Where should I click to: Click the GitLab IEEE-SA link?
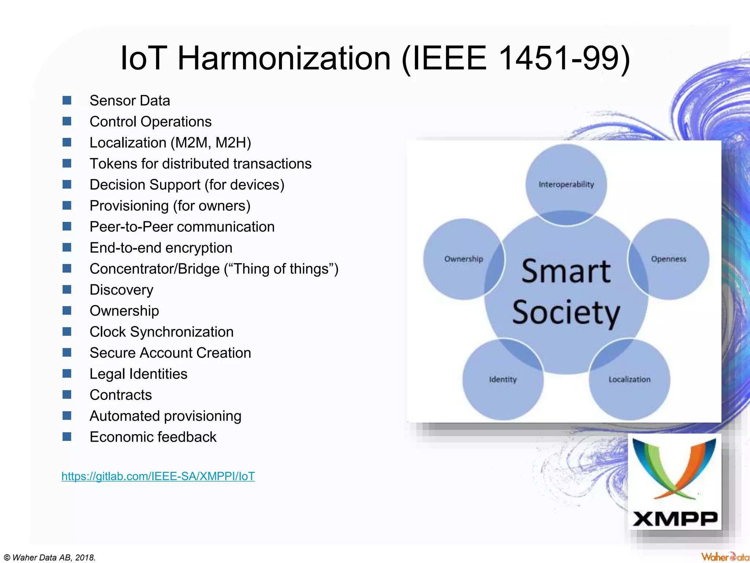click(x=158, y=476)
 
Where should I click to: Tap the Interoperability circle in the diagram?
click(x=566, y=184)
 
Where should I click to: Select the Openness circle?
click(x=669, y=259)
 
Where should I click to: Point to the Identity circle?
click(x=503, y=379)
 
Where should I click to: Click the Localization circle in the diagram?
click(x=630, y=379)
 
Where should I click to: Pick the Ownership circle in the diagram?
click(x=464, y=259)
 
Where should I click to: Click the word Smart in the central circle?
click(x=566, y=272)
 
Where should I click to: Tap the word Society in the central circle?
click(x=566, y=313)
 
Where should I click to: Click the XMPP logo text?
click(x=675, y=519)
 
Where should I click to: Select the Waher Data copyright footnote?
click(x=50, y=558)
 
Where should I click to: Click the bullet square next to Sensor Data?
click(x=67, y=100)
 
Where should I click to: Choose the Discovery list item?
click(x=121, y=290)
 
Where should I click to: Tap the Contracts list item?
click(x=120, y=395)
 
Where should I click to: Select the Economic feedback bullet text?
click(x=153, y=437)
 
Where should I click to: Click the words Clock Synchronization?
click(x=161, y=332)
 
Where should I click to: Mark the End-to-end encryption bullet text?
click(x=161, y=248)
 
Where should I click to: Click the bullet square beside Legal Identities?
click(x=67, y=374)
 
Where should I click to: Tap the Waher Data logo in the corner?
click(x=725, y=557)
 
